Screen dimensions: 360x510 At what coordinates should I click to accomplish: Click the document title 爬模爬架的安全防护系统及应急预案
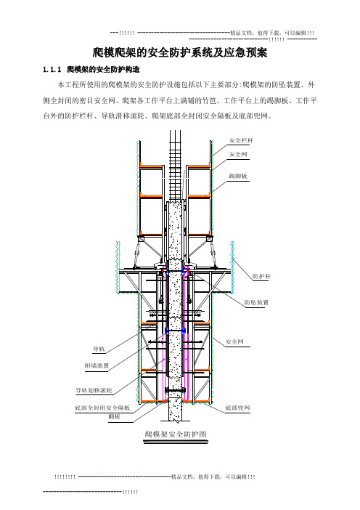point(180,52)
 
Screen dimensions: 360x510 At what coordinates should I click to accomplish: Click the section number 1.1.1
point(52,70)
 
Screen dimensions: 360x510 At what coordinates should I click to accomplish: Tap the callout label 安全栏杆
point(241,140)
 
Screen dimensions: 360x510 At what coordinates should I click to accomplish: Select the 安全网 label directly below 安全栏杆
point(238,154)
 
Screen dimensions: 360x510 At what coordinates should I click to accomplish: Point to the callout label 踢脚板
point(238,176)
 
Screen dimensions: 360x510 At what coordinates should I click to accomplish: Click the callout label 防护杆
point(261,276)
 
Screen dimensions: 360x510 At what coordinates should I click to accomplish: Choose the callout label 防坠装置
point(256,302)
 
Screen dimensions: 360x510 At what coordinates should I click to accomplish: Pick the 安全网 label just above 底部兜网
point(234,342)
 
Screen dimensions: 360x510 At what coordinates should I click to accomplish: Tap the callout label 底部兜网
point(237,408)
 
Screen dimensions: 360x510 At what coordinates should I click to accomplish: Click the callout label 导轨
point(99,349)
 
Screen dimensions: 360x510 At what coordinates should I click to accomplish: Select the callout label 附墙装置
point(97,366)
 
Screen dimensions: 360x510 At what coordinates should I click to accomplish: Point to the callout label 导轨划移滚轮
point(94,390)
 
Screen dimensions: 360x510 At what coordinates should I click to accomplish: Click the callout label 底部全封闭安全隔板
point(102,408)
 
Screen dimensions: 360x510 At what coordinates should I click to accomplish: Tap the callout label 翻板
point(115,417)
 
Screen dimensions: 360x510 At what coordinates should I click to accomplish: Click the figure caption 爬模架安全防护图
point(176,434)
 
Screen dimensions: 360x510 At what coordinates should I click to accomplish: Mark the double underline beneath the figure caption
point(176,442)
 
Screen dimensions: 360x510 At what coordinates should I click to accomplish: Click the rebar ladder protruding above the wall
point(176,166)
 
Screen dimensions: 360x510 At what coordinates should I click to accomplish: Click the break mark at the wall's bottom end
point(176,421)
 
